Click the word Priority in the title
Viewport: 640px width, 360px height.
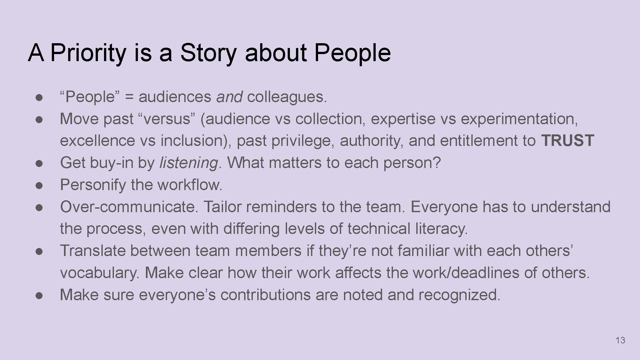point(88,53)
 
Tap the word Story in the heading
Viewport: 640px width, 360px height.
point(208,53)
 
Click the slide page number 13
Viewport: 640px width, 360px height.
point(620,340)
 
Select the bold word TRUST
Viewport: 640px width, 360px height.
point(568,140)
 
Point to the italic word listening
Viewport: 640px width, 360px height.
point(188,163)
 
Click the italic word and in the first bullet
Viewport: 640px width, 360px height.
point(229,97)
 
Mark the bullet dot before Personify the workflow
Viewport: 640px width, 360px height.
point(39,186)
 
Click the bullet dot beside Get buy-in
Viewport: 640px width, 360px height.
point(39,164)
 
